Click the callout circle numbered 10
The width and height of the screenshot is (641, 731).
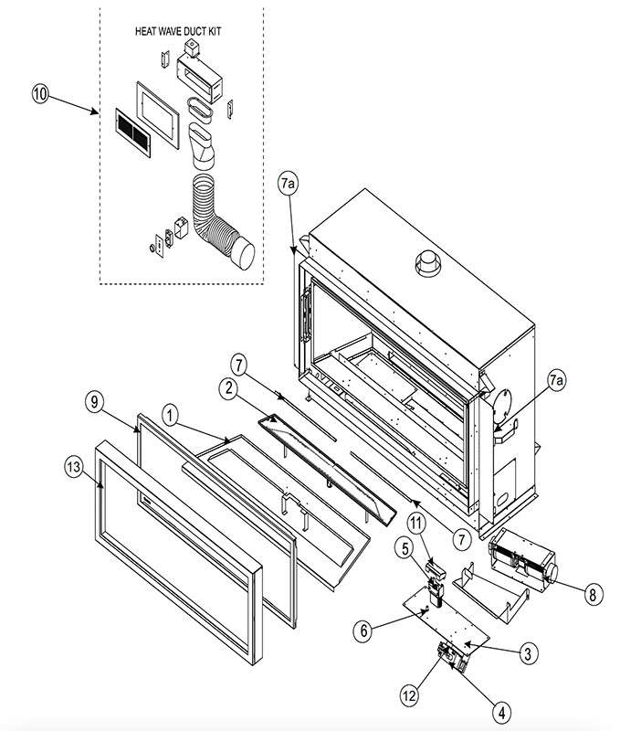[x=40, y=94]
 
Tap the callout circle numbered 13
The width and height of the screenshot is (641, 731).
[x=74, y=467]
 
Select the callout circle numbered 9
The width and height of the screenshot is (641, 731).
[x=95, y=402]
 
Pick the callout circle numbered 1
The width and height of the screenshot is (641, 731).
[x=171, y=415]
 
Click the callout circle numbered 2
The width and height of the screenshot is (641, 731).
[x=228, y=387]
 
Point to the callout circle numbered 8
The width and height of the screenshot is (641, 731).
[x=593, y=595]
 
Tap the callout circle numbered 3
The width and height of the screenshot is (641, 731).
[x=528, y=653]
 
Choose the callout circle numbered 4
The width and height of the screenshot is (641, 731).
[x=501, y=713]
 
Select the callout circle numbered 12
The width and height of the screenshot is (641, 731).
[x=409, y=696]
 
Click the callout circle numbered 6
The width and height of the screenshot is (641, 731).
[x=363, y=631]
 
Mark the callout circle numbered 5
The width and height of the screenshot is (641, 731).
[x=405, y=549]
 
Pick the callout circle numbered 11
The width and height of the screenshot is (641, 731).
[x=416, y=523]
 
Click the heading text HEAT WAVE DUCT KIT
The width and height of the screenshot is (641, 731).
[x=178, y=31]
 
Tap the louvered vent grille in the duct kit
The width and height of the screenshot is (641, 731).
[x=132, y=132]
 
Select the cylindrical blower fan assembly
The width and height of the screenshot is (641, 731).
[x=522, y=562]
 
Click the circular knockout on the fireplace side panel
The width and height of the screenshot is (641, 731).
[x=502, y=406]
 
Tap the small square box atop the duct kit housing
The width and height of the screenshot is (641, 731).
[x=192, y=48]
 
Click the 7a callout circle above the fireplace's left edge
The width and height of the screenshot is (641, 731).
[x=289, y=184]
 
